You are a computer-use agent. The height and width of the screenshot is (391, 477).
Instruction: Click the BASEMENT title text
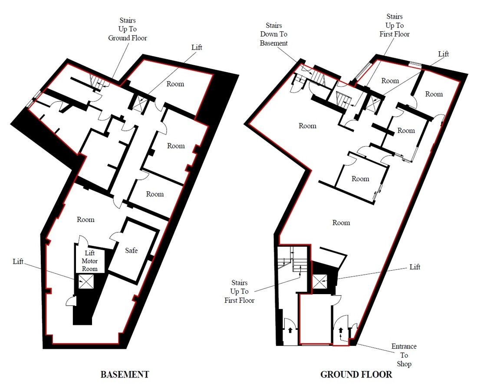(125, 374)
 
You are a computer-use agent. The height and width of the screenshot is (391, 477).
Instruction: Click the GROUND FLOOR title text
(356, 374)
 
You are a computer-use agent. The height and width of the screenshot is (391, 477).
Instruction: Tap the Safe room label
(131, 250)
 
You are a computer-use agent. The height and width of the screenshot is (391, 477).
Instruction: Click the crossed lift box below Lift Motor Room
(86, 282)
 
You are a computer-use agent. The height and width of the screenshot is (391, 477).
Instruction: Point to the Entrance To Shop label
(404, 355)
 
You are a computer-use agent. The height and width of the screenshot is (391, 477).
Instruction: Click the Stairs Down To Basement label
(273, 34)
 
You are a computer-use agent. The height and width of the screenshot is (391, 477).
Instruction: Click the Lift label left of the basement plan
(18, 261)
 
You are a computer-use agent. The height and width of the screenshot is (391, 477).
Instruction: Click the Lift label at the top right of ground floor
(443, 54)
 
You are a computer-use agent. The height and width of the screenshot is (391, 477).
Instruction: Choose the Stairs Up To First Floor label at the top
(394, 25)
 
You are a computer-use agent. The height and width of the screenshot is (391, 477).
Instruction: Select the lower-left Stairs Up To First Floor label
(240, 291)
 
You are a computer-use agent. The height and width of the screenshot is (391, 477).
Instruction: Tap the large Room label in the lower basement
(86, 219)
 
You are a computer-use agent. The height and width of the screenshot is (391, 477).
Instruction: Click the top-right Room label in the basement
(175, 84)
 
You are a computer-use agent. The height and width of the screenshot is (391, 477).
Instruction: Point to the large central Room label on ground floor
(341, 222)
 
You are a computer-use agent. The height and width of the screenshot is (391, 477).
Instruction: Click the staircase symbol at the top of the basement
(96, 81)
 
